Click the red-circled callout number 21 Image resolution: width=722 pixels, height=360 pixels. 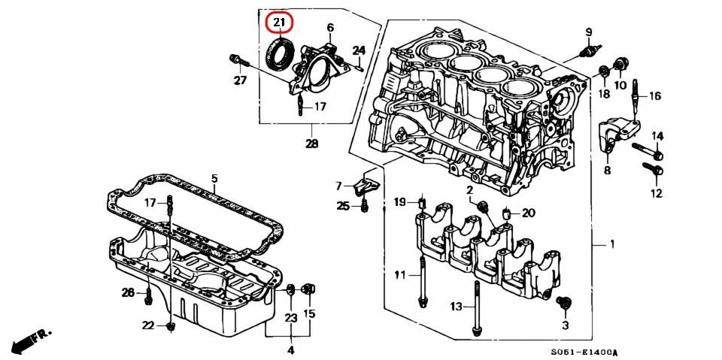(279, 23)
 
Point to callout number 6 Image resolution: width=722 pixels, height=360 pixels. (329, 28)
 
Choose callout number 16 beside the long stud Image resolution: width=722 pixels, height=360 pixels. (654, 96)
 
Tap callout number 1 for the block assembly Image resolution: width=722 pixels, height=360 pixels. (611, 244)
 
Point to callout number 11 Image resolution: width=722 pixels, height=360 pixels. (399, 275)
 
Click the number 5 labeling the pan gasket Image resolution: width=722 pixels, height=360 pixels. (214, 179)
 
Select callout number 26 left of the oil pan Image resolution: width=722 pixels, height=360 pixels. (128, 292)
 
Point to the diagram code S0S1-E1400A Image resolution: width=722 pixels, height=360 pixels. (583, 352)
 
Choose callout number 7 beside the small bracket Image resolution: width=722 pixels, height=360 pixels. (338, 186)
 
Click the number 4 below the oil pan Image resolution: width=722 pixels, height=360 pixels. (290, 349)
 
